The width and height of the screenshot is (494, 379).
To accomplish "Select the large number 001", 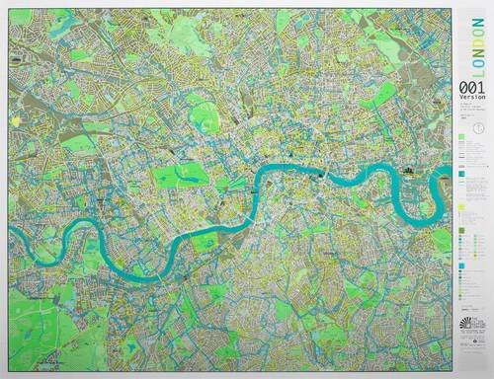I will [x=467, y=89].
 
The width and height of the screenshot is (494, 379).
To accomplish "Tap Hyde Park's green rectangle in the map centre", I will [x=180, y=177].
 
